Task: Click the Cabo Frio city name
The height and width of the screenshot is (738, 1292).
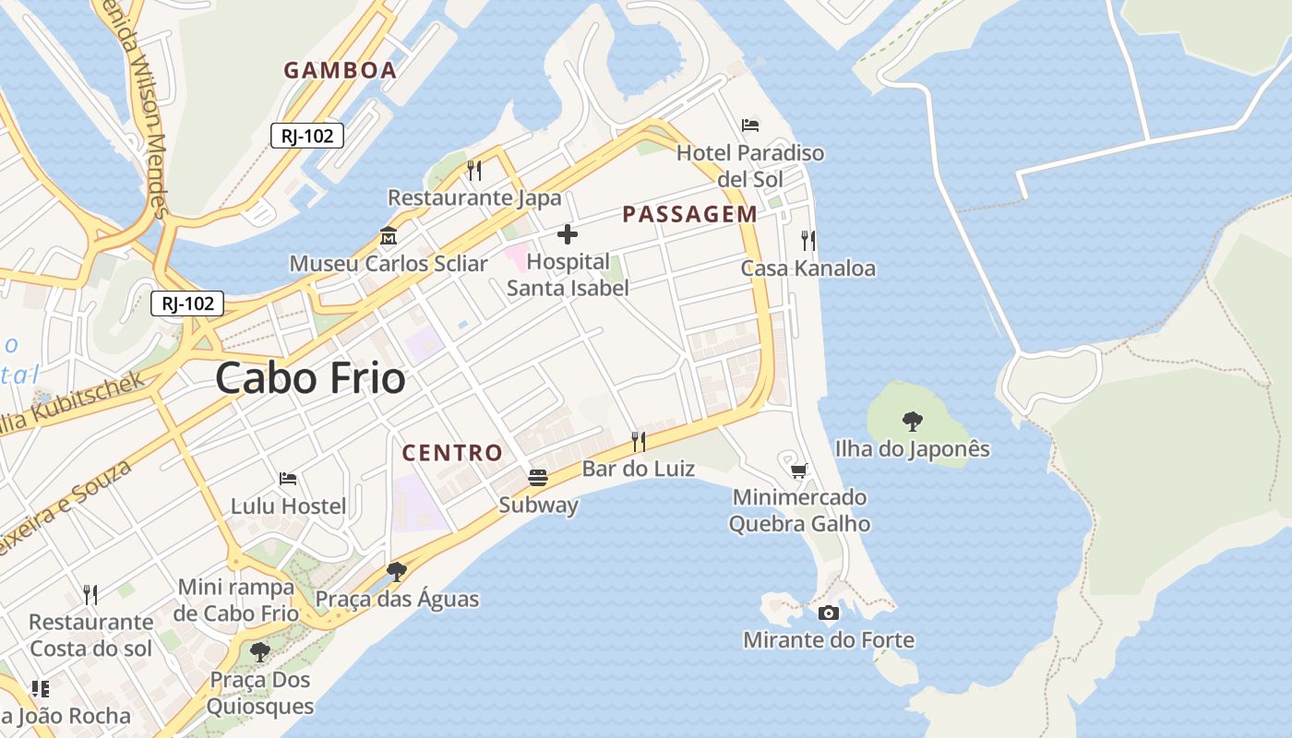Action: pyautogui.click(x=310, y=379)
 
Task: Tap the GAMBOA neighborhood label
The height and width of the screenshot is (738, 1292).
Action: pyautogui.click(x=340, y=70)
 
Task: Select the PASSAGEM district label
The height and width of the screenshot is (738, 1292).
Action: pyautogui.click(x=689, y=215)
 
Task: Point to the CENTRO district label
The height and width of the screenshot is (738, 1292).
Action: pyautogui.click(x=452, y=453)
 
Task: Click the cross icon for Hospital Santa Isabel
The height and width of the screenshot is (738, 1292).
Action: pyautogui.click(x=568, y=234)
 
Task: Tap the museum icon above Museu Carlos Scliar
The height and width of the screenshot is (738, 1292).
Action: pyautogui.click(x=389, y=236)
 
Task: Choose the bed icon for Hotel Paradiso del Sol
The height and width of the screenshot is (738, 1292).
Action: pyautogui.click(x=750, y=125)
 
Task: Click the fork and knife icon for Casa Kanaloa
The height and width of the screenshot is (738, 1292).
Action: pyautogui.click(x=808, y=241)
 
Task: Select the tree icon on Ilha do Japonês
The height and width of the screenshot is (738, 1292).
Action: pyautogui.click(x=913, y=422)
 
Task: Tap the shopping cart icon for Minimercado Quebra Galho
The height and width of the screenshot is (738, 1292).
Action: pyautogui.click(x=799, y=470)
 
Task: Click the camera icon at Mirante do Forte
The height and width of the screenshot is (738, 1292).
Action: pyautogui.click(x=829, y=613)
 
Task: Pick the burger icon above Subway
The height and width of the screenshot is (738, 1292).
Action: pyautogui.click(x=538, y=478)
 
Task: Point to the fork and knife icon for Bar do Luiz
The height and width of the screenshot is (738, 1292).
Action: pyautogui.click(x=638, y=441)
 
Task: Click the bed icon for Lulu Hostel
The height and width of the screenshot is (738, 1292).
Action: pyautogui.click(x=288, y=479)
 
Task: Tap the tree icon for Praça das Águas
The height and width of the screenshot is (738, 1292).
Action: pyautogui.click(x=397, y=572)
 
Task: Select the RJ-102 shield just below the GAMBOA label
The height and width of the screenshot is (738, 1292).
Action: pyautogui.click(x=307, y=136)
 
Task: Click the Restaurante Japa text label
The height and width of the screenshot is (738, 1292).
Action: pyautogui.click(x=474, y=198)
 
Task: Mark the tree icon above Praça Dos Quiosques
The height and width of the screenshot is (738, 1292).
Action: pyautogui.click(x=260, y=652)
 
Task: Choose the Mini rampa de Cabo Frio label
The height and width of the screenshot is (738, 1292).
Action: pyautogui.click(x=237, y=601)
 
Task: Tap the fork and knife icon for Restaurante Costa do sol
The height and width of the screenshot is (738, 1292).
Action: pyautogui.click(x=90, y=594)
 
